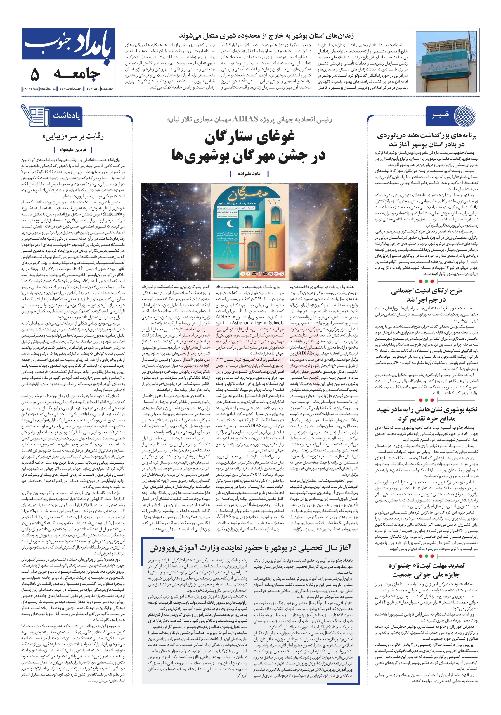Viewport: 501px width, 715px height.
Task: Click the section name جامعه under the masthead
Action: pyautogui.click(x=76, y=74)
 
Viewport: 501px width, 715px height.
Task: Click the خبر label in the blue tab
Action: pyautogui.click(x=441, y=115)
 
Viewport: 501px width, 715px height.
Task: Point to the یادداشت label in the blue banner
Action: pyautogui.click(x=67, y=116)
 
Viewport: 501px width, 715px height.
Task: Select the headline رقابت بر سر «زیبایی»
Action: pyautogui.click(x=73, y=137)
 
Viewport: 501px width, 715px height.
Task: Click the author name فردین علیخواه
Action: pyautogui.click(x=73, y=150)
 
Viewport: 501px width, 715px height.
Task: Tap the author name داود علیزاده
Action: pyautogui.click(x=249, y=173)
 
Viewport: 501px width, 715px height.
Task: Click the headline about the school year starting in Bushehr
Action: pyautogui.click(x=250, y=548)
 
